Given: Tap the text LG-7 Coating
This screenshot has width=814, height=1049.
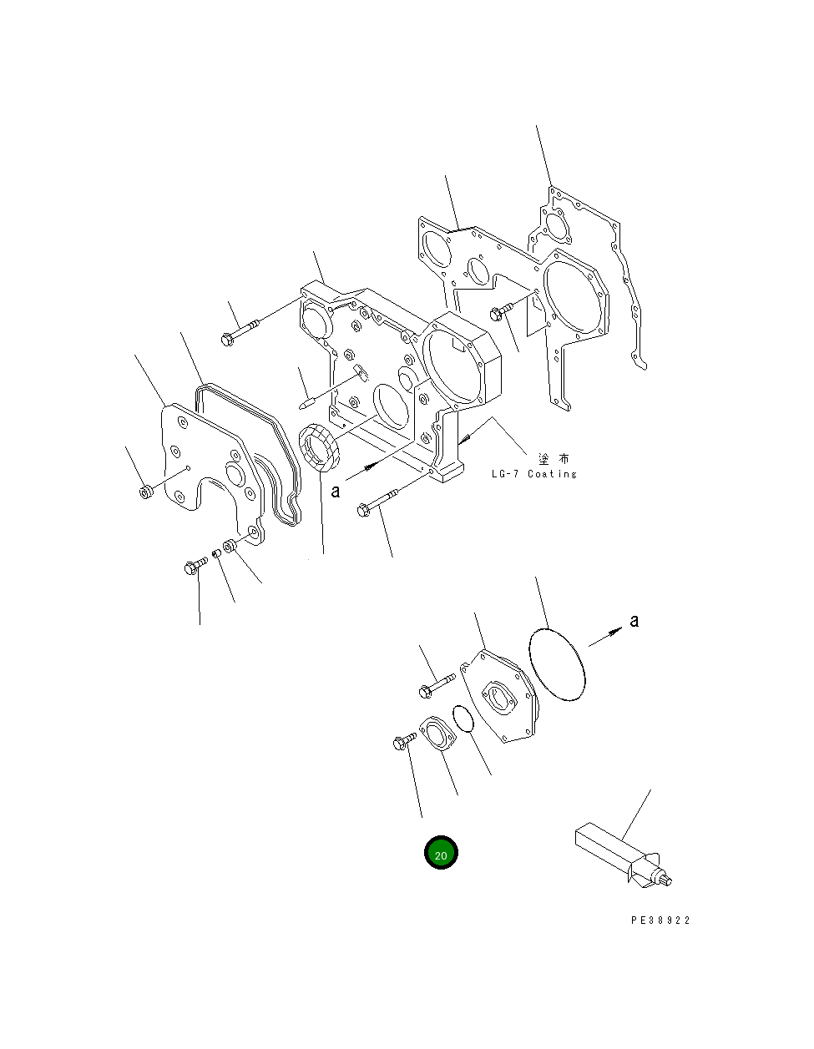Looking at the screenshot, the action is pyautogui.click(x=534, y=473).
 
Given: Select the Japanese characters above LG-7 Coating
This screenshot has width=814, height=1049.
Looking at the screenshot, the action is pyautogui.click(x=554, y=458).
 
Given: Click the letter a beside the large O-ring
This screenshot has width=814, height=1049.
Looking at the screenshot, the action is pyautogui.click(x=634, y=621).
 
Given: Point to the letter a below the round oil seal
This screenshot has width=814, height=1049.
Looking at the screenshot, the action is pyautogui.click(x=336, y=492).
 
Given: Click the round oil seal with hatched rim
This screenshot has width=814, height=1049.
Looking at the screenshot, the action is pyautogui.click(x=319, y=446).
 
